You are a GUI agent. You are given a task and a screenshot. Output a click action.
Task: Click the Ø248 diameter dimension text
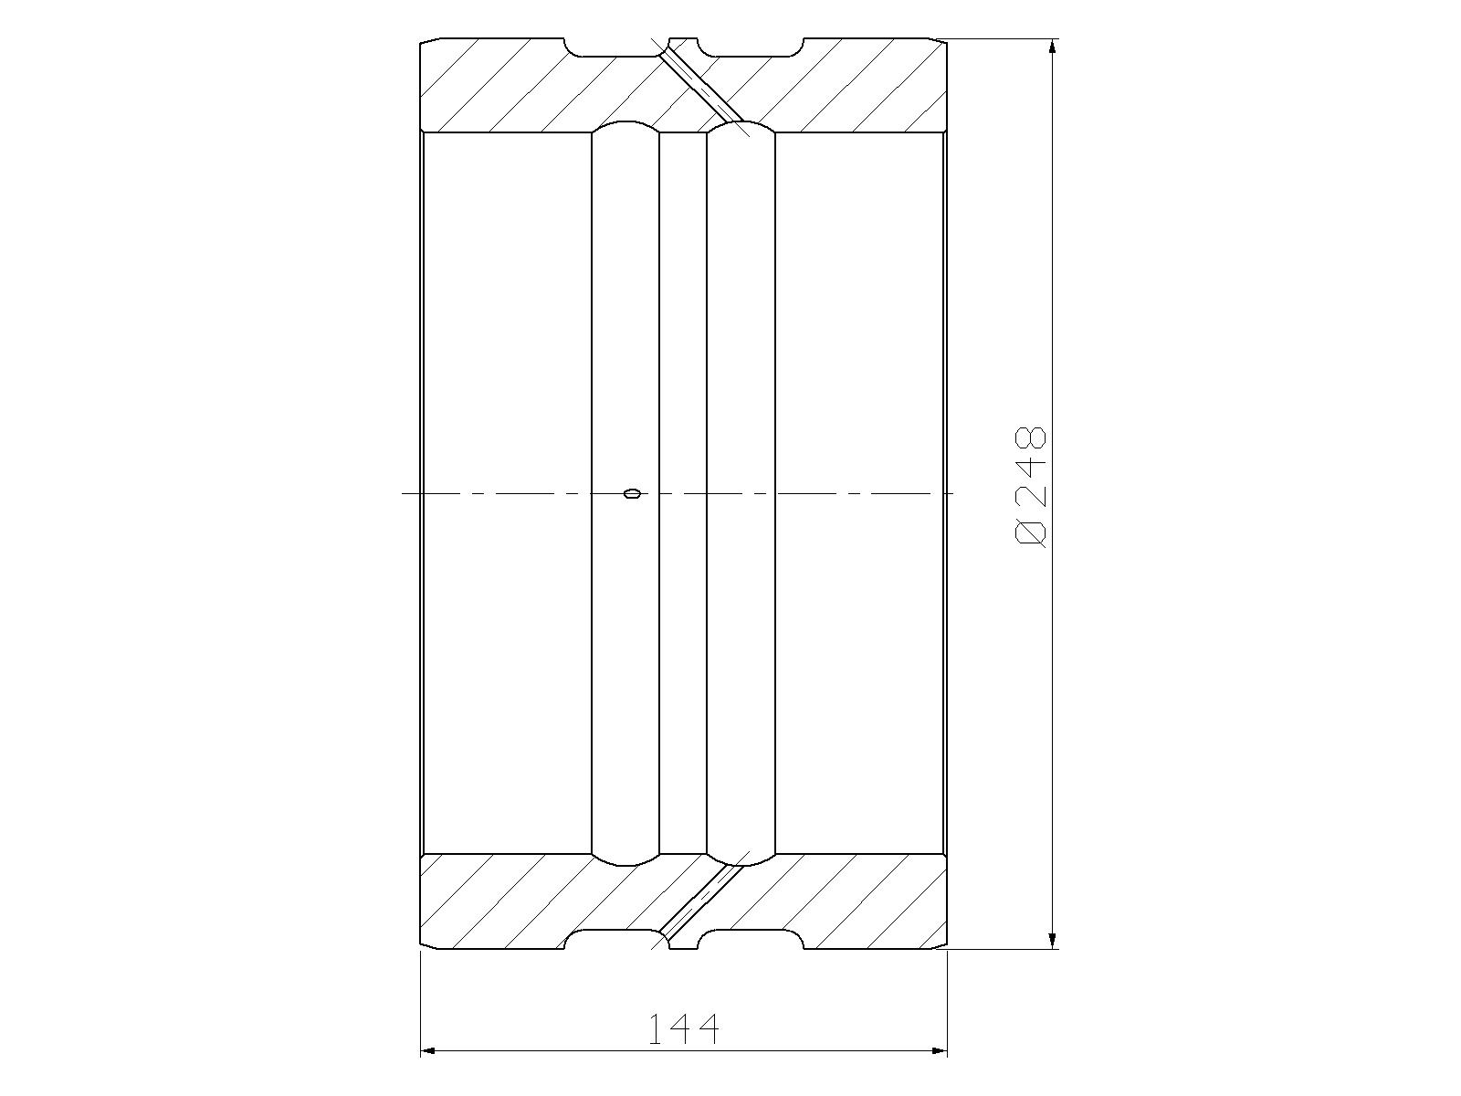tap(1030, 488)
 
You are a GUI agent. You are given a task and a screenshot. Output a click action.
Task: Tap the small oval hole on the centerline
tap(632, 493)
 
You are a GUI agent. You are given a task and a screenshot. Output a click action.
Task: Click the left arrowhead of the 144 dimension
tap(430, 1051)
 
